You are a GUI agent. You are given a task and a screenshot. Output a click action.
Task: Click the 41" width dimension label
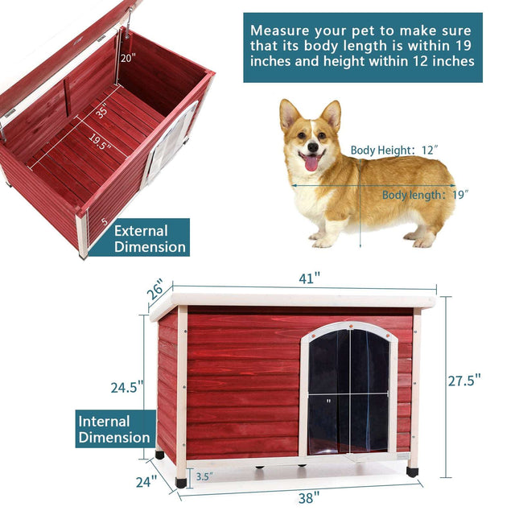click(x=308, y=278)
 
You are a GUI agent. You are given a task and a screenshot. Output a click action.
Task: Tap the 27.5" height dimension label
click(x=465, y=380)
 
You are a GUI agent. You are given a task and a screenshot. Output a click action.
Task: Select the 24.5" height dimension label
click(x=127, y=387)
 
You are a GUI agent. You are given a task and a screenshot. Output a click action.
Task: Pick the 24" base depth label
click(x=143, y=483)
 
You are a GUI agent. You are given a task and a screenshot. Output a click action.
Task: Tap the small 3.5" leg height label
click(x=204, y=476)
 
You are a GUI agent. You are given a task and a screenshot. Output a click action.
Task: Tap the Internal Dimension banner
click(x=114, y=430)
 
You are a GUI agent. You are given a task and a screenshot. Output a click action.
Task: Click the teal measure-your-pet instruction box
click(x=363, y=47)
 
